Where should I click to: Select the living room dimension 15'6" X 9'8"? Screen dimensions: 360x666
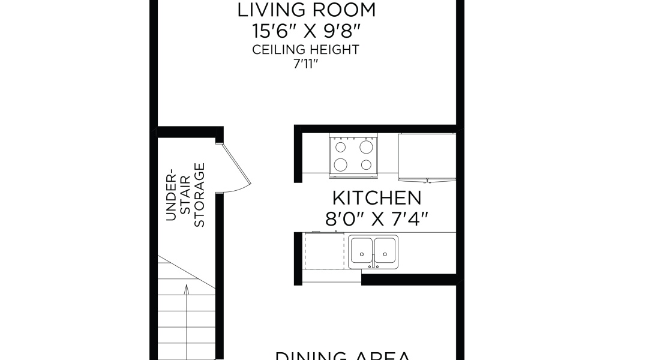click(x=306, y=30)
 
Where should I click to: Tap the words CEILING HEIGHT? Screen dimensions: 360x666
click(x=306, y=50)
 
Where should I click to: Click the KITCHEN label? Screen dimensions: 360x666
click(x=377, y=197)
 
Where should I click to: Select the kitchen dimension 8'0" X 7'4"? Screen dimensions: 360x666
click(x=377, y=219)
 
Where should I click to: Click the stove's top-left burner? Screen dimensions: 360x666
click(x=340, y=146)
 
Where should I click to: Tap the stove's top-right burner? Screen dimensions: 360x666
click(x=365, y=146)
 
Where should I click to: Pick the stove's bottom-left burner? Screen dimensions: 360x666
click(x=340, y=164)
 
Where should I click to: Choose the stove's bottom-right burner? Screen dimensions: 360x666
click(x=365, y=164)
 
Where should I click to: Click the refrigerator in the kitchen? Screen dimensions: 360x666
click(x=427, y=157)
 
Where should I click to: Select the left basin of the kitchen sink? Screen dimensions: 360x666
click(x=362, y=252)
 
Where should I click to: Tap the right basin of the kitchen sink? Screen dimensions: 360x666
click(x=385, y=252)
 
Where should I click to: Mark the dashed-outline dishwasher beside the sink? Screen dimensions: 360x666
click(x=324, y=252)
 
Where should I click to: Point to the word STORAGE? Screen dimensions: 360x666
click(x=200, y=195)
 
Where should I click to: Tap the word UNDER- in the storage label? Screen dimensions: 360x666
click(x=171, y=195)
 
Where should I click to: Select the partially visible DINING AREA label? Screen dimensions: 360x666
click(x=343, y=356)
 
